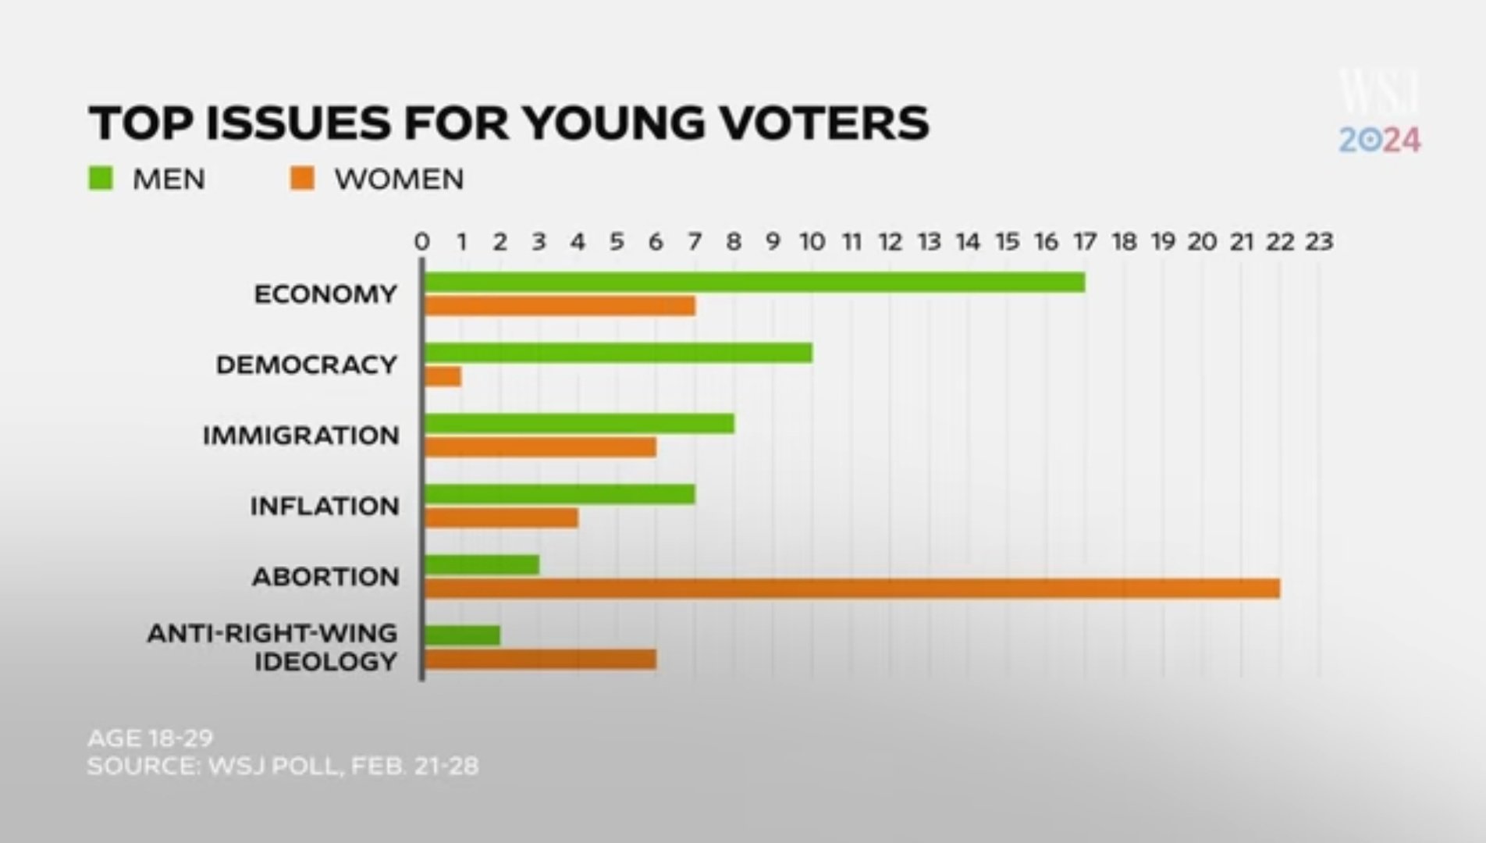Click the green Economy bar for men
(x=754, y=283)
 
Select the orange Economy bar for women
(x=560, y=306)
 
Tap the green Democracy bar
(x=618, y=353)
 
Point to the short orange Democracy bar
(x=443, y=377)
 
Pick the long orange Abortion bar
(x=851, y=589)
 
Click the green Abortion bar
(x=482, y=565)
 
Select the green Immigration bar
(x=579, y=424)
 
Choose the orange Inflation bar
(x=501, y=518)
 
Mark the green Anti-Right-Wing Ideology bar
(x=462, y=635)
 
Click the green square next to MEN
(x=101, y=179)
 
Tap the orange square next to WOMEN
(x=302, y=179)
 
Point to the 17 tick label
(x=1085, y=242)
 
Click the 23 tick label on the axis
(x=1319, y=242)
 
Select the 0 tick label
(x=422, y=242)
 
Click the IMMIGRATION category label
(x=301, y=436)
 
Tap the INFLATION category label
(x=325, y=507)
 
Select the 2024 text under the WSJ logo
(x=1380, y=140)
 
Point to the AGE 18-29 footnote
(x=151, y=738)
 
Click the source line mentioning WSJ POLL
(x=283, y=766)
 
